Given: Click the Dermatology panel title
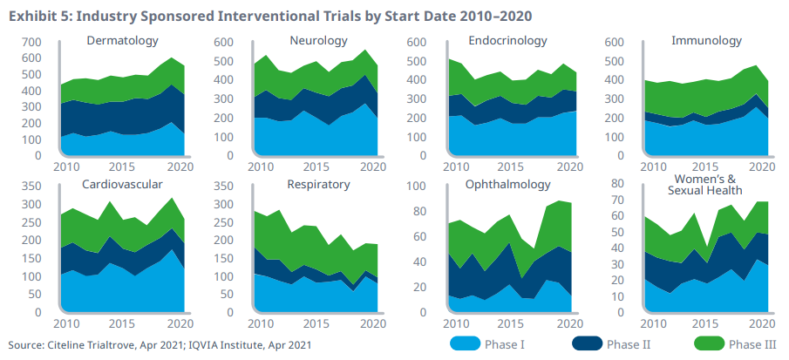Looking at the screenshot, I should pos(123,41).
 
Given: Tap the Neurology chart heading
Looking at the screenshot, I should pos(318,41).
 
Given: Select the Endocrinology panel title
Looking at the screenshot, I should pos(507,41).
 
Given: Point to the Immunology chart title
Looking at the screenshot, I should pos(706,41).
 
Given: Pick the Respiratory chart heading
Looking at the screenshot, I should pos(318,185).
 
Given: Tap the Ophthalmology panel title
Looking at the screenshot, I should pos(507,185).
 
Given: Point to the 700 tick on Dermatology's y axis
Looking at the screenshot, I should pos(31,43).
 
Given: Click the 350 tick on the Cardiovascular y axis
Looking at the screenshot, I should pos(31,187).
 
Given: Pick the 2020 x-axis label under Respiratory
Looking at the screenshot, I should pos(373,323).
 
